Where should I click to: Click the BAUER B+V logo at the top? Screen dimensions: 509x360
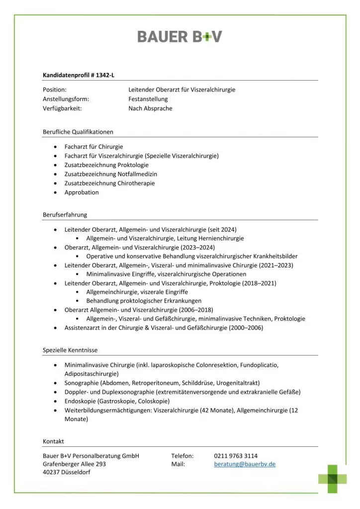[x=180, y=36]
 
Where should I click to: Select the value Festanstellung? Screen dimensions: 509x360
[x=148, y=99]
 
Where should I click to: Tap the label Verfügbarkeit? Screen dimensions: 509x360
[x=62, y=108]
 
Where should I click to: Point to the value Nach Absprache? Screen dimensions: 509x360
[x=151, y=108]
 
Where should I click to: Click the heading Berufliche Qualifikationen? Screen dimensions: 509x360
[x=78, y=132]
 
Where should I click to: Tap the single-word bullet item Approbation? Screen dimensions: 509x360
[x=82, y=192]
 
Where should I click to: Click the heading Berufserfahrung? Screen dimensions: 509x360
[x=65, y=215]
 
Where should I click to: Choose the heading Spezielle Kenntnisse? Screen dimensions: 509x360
[x=70, y=350]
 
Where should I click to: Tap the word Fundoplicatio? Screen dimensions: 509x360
[x=259, y=365]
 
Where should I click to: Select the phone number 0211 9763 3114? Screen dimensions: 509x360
[x=236, y=455]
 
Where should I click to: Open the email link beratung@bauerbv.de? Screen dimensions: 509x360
[x=245, y=464]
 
